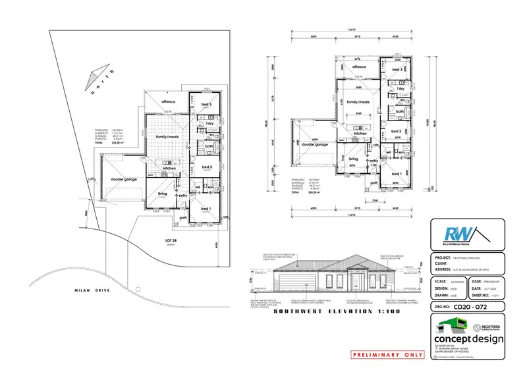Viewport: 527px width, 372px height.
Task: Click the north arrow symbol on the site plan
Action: (x=96, y=76)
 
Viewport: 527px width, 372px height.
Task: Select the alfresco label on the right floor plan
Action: (x=359, y=68)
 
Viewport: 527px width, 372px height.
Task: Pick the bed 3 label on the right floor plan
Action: (x=397, y=69)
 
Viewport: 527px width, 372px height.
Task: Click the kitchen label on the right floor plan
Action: (x=360, y=134)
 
